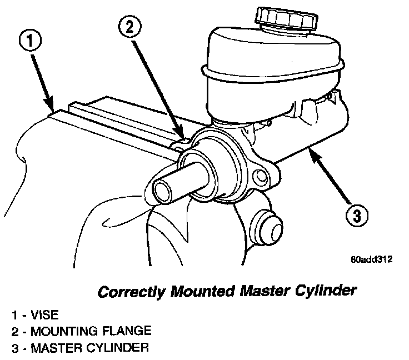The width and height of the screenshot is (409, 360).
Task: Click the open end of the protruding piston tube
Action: click(162, 191)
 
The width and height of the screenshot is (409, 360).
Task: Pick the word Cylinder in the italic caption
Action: click(327, 292)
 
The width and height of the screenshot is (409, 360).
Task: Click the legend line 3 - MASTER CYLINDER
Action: click(81, 348)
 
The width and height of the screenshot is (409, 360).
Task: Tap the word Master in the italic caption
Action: click(265, 292)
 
